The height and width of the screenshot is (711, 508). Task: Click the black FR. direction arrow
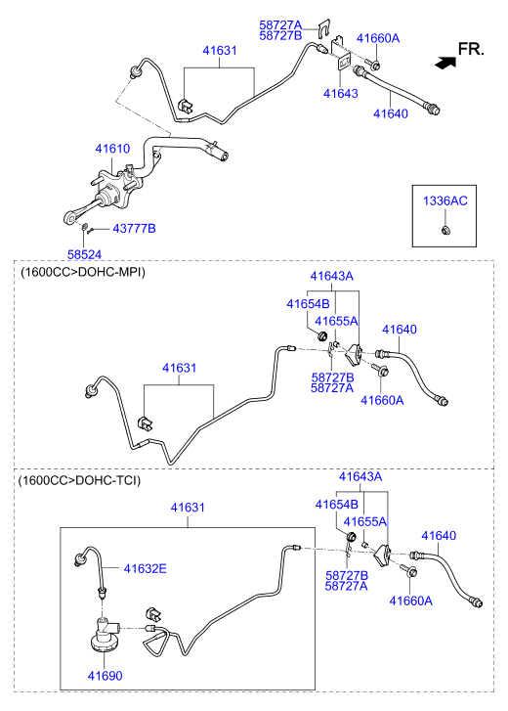(445, 63)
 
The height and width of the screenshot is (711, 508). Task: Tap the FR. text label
(471, 49)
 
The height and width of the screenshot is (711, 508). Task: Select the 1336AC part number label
(445, 200)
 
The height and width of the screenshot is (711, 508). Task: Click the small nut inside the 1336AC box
(445, 230)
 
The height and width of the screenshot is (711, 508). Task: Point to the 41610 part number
(112, 149)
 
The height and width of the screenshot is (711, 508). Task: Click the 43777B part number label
(134, 229)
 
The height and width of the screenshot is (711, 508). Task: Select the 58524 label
(85, 255)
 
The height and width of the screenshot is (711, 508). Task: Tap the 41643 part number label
(341, 94)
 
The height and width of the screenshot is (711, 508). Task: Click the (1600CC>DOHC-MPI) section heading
(83, 273)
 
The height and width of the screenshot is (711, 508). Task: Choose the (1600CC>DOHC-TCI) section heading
(80, 480)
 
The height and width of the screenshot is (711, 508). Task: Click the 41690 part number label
(106, 676)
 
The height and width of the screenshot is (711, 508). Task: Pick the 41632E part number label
(145, 568)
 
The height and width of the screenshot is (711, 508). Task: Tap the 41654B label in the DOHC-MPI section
(308, 304)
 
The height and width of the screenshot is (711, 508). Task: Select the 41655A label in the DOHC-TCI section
(365, 521)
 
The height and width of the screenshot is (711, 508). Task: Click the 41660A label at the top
(378, 38)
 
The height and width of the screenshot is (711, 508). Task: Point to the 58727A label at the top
(280, 25)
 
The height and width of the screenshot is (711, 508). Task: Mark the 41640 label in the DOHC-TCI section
(439, 536)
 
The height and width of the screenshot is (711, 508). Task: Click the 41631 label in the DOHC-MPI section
(180, 368)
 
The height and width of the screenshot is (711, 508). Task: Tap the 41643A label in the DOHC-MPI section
(332, 276)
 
